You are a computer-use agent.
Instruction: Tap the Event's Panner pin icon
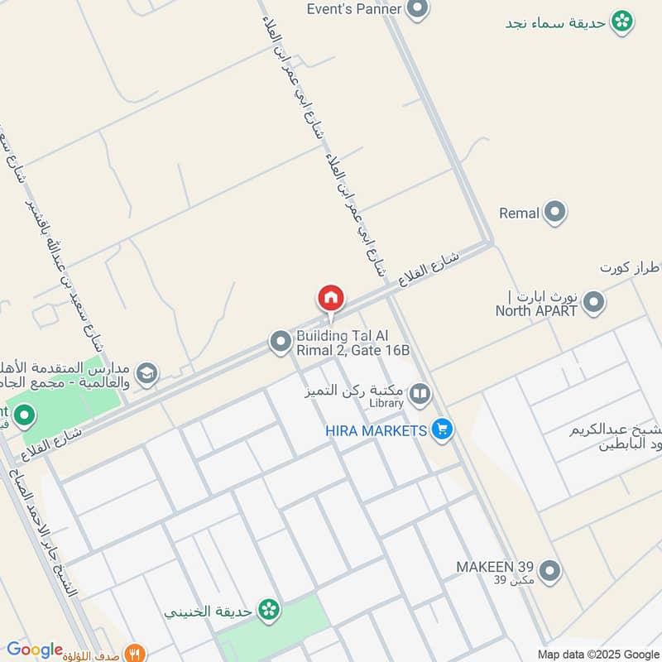[x=418, y=10]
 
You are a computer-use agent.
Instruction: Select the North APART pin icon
[x=592, y=304]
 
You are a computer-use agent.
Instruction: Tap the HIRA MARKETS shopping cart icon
[x=443, y=429]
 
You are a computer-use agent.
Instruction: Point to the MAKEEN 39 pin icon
[x=549, y=570]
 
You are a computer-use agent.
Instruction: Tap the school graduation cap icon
[x=147, y=374]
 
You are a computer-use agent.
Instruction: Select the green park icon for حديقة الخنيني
[x=268, y=611]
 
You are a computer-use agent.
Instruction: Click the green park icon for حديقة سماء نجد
[x=622, y=22]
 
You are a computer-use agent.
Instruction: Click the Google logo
[x=34, y=650]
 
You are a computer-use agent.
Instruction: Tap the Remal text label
[x=519, y=213]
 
